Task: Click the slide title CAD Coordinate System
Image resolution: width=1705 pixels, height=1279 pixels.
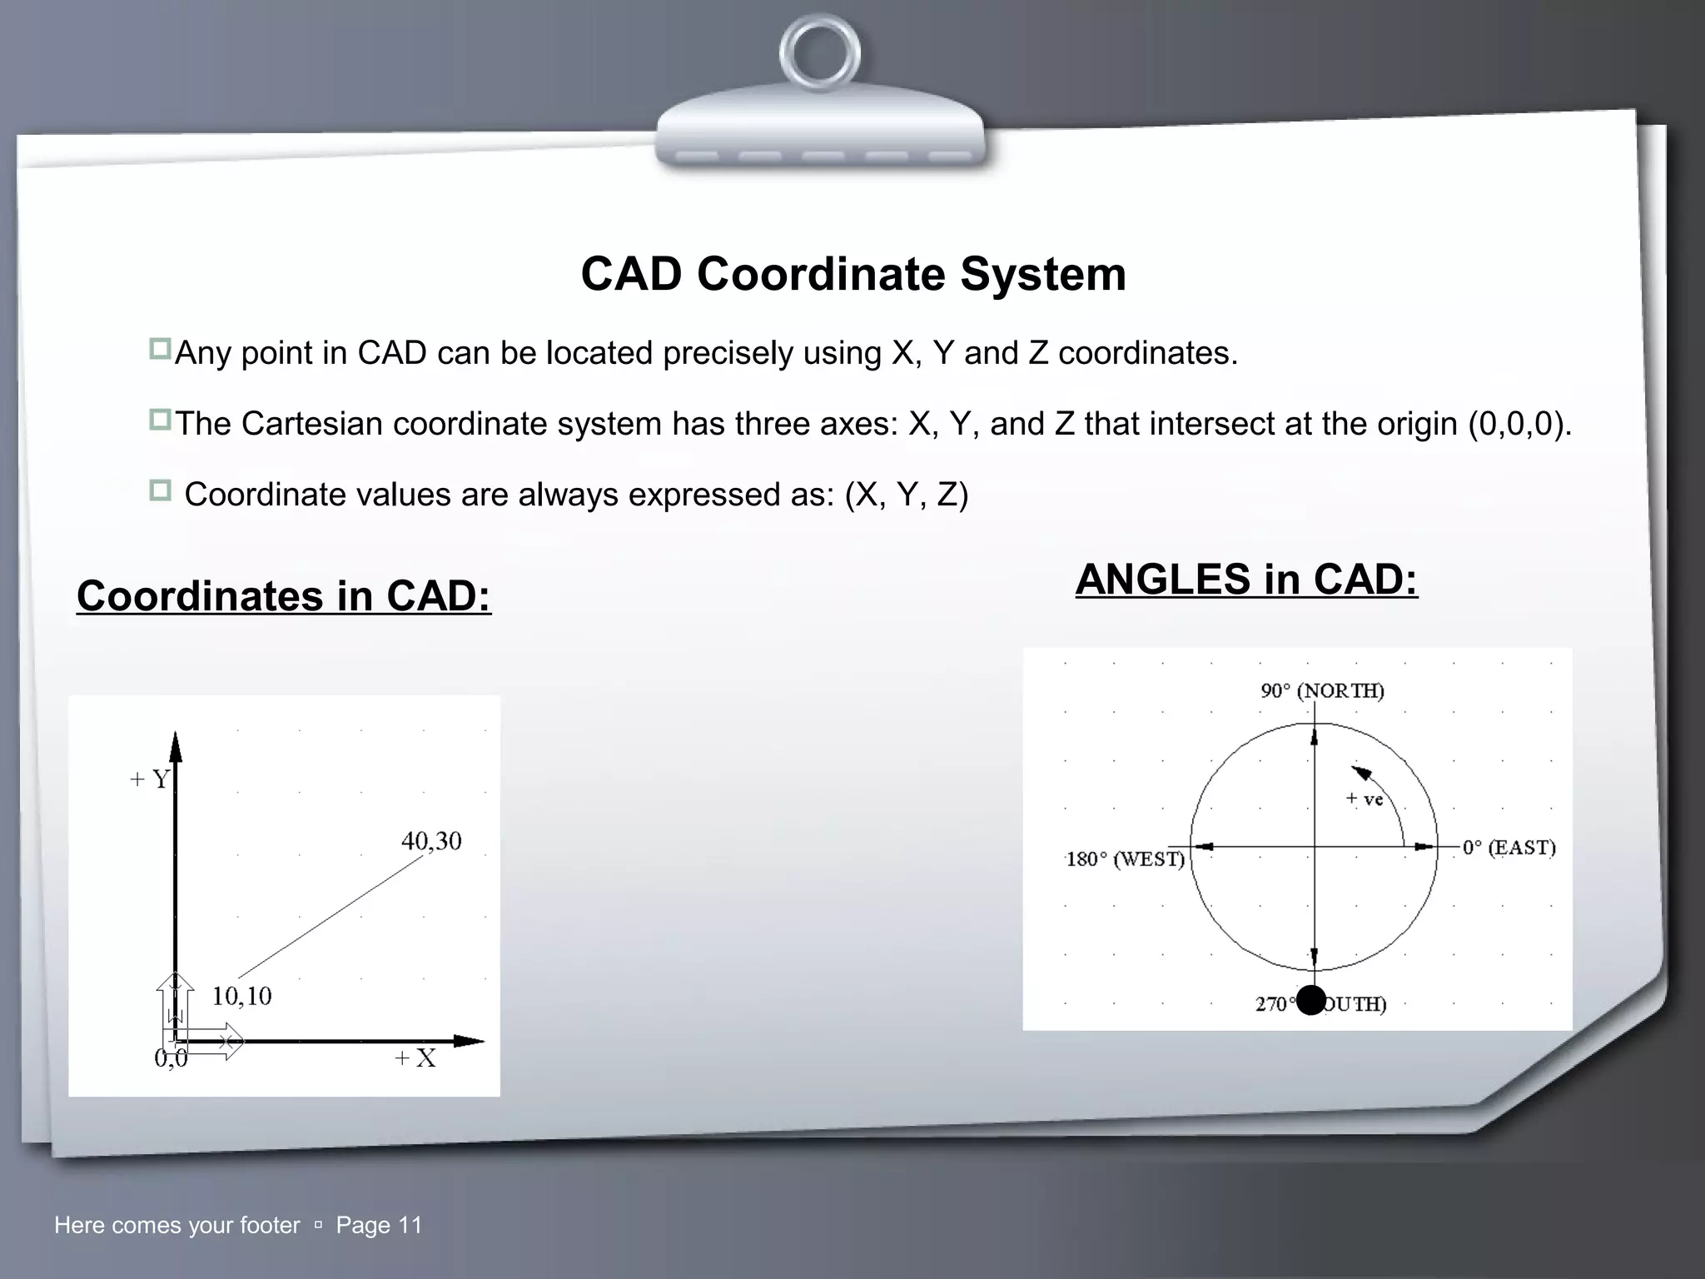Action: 852,273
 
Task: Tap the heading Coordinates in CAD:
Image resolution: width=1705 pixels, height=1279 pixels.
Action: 284,596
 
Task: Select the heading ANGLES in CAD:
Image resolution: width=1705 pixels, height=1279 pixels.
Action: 1246,580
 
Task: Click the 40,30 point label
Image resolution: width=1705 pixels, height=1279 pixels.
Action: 431,841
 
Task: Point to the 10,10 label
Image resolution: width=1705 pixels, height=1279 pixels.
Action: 241,996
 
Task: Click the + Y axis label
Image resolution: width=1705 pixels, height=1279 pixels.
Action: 150,779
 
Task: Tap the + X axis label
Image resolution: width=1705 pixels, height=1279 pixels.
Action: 415,1058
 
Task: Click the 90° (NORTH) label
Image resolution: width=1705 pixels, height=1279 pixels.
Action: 1322,691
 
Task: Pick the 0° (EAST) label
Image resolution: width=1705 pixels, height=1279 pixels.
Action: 1509,848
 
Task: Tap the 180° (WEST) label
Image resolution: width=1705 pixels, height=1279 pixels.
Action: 1126,859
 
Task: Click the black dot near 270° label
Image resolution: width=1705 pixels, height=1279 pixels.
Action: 1311,1000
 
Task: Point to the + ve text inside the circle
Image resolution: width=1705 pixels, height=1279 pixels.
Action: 1364,799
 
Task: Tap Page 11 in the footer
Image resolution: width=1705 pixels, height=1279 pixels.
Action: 379,1225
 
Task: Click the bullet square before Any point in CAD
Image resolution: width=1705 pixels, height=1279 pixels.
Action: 160,349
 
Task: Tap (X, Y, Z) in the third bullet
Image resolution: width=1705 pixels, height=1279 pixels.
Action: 906,495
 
